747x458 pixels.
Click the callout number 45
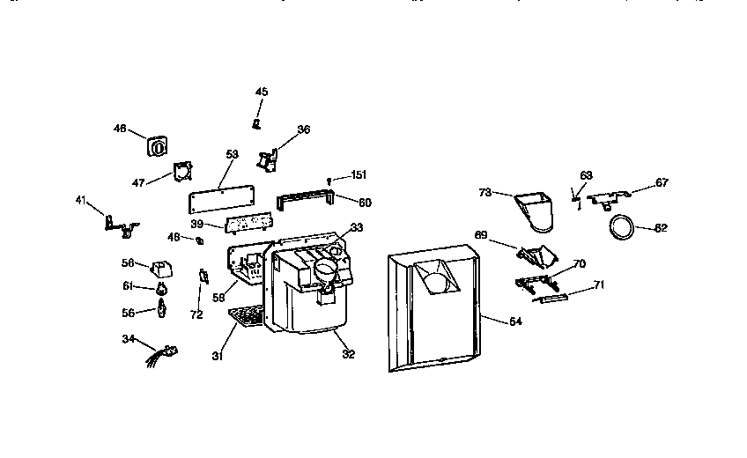coord(262,92)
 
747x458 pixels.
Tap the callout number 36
coord(303,129)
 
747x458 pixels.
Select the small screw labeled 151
coord(329,181)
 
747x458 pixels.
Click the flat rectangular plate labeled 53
coord(222,193)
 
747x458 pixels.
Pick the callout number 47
coord(138,182)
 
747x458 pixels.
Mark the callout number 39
coord(199,225)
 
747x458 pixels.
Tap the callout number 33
coord(356,227)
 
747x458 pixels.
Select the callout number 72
coord(196,314)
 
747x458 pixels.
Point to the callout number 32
coord(348,354)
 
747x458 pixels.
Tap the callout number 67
coord(662,183)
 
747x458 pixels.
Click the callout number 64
coord(515,322)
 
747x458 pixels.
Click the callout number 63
coord(587,175)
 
